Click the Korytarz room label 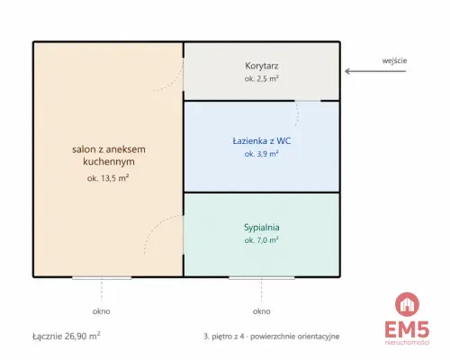pos(262,66)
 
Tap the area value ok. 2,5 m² pos(262,79)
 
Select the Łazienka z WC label pos(262,141)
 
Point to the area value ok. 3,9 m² pos(262,154)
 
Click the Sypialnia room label pos(262,228)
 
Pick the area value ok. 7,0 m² pos(262,240)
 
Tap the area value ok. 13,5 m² pos(108,178)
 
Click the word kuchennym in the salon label pos(109,162)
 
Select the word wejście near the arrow pos(394,61)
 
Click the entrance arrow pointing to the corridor pos(375,71)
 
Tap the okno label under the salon pos(102,311)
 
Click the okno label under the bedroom pos(262,311)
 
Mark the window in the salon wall pos(102,278)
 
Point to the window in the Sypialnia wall pos(262,278)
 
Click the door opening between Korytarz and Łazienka pos(308,101)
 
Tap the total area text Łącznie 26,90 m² pos(67,336)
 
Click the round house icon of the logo pos(407,304)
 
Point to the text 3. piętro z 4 pos(223,337)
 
